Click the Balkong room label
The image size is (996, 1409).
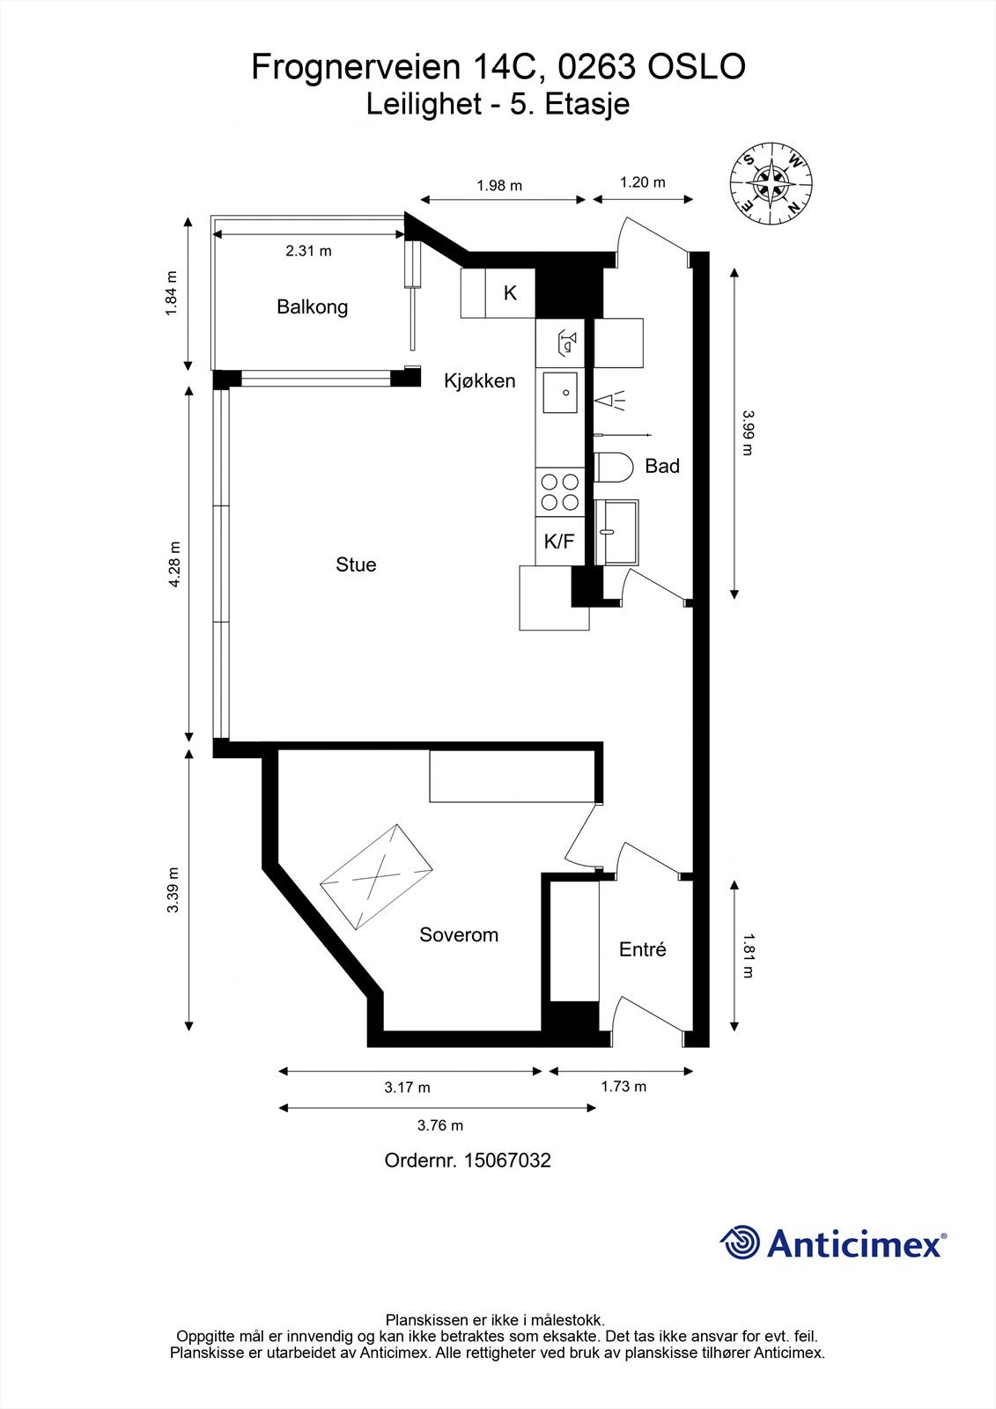[x=312, y=307]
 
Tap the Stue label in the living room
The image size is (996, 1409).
[x=356, y=564]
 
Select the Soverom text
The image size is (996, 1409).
[x=459, y=934]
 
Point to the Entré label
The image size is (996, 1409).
[x=642, y=949]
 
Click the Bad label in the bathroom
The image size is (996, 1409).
[x=662, y=466]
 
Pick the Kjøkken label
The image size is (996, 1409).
[x=479, y=380]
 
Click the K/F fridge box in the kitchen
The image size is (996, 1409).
[x=559, y=541]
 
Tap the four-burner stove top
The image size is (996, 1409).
[x=560, y=492]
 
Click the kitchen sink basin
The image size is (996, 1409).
[x=560, y=393]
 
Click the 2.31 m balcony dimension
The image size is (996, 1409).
[x=308, y=251]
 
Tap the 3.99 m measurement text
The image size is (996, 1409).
[x=748, y=432]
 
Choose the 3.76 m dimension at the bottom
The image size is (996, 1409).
[x=440, y=1125]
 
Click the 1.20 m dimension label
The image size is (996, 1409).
[x=642, y=182]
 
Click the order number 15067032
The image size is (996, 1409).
[x=507, y=1160]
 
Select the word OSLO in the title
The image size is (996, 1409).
[x=697, y=67]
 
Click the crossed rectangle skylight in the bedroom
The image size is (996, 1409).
[x=376, y=877]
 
